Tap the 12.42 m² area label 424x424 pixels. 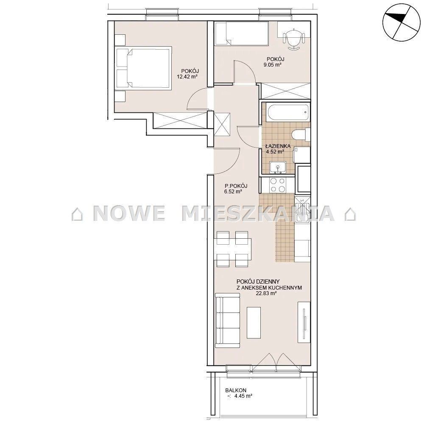pyautogui.click(x=187, y=76)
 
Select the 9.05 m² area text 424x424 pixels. pyautogui.click(x=272, y=64)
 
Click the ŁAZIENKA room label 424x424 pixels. pyautogui.click(x=275, y=146)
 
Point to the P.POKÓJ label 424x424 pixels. pyautogui.click(x=236, y=186)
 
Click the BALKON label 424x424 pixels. pyautogui.click(x=236, y=390)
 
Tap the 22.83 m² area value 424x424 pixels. pyautogui.click(x=266, y=293)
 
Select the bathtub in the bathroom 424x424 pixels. pyautogui.click(x=287, y=112)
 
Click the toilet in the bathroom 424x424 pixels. pyautogui.click(x=301, y=134)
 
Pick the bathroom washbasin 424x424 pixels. pyautogui.click(x=278, y=167)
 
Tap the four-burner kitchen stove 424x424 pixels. pyautogui.click(x=278, y=185)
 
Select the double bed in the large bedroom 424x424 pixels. pyautogui.click(x=143, y=67)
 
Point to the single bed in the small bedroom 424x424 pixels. pyautogui.click(x=242, y=33)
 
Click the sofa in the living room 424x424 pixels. pyautogui.click(x=228, y=321)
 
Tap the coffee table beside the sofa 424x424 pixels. pyautogui.click(x=254, y=323)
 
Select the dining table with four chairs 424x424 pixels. pyautogui.click(x=232, y=249)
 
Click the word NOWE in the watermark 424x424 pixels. pyautogui.click(x=129, y=213)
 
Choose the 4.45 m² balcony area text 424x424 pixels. pyautogui.click(x=240, y=396)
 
